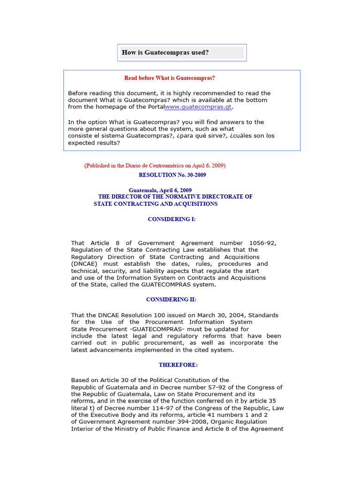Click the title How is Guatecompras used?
click(x=165, y=52)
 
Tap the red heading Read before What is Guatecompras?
click(x=169, y=78)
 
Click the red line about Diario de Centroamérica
click(x=155, y=165)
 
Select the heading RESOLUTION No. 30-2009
click(x=172, y=175)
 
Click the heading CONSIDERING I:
click(x=172, y=219)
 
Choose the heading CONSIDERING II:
click(x=171, y=299)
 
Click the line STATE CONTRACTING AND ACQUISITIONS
click(x=156, y=204)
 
